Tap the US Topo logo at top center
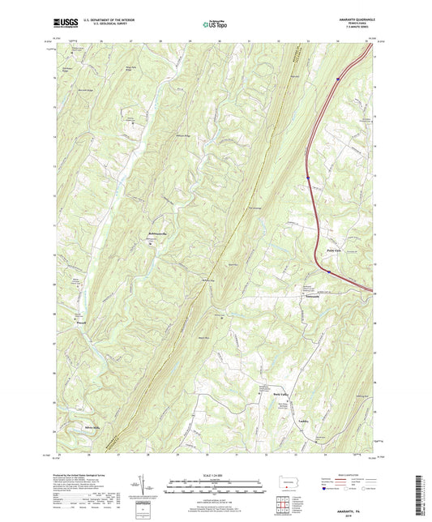212,24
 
